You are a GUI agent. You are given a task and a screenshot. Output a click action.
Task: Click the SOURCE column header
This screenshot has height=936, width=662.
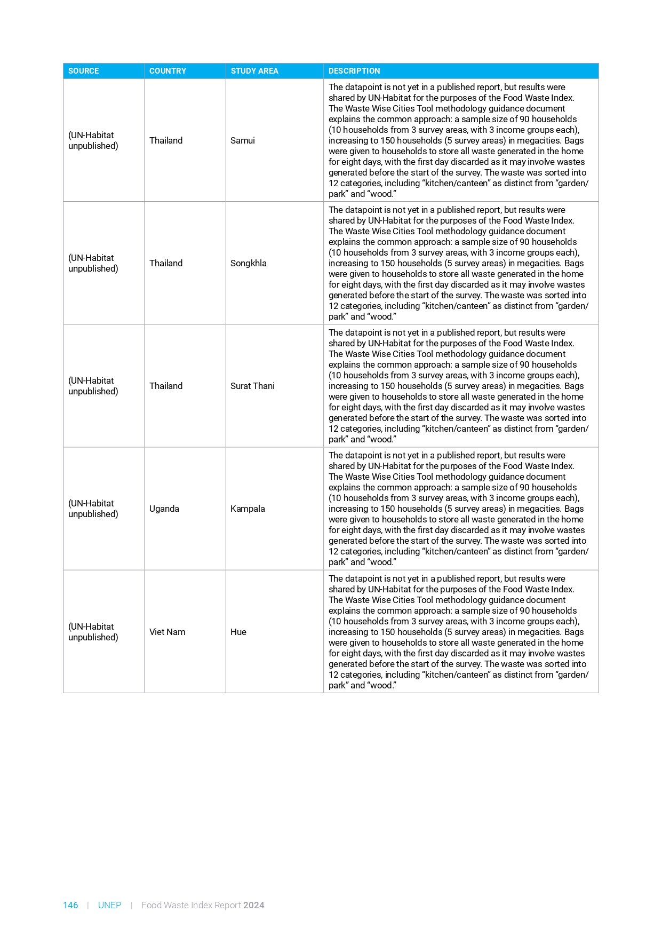point(84,71)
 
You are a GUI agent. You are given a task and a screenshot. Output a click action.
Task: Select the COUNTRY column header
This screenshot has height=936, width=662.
point(168,71)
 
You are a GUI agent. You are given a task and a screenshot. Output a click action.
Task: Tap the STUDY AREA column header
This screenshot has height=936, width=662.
point(254,71)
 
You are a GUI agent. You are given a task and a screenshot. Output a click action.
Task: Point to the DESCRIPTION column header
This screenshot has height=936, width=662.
point(354,71)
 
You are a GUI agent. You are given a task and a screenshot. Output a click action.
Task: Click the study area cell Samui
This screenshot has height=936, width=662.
point(243,140)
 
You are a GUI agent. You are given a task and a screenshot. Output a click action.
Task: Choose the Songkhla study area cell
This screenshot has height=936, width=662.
point(249,263)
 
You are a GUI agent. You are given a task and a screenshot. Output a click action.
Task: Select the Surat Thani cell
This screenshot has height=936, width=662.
point(252,386)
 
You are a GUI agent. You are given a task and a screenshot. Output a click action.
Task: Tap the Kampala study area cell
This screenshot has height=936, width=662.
point(248,509)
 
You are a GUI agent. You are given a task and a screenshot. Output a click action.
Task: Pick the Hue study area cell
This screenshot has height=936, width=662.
point(238,632)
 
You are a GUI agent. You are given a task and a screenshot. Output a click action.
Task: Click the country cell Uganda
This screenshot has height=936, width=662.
point(164,509)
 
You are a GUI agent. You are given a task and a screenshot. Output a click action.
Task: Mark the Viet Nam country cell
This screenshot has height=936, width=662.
point(168,632)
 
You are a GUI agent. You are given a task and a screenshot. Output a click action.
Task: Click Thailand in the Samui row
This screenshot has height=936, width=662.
point(166,140)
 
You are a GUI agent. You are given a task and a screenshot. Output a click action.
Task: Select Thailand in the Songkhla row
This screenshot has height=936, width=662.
point(166,263)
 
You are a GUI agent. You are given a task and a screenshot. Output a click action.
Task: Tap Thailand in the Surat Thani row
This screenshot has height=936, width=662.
point(166,386)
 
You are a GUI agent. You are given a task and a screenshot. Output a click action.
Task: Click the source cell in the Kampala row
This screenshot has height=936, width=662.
point(93,509)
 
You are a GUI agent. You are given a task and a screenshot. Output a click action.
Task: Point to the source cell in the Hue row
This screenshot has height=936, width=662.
point(93,632)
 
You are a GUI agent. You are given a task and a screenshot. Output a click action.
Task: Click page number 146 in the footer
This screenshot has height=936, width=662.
point(70,905)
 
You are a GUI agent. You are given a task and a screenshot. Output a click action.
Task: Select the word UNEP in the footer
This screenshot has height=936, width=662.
point(109,905)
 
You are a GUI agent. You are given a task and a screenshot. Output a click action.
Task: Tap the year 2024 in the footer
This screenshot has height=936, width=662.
point(254,905)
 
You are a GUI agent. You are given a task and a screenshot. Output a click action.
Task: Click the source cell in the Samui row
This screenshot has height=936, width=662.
point(93,140)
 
